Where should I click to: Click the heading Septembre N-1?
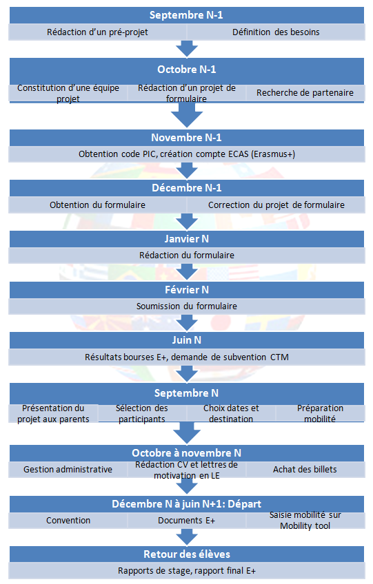click(x=186, y=15)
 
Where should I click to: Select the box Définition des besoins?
click(x=276, y=32)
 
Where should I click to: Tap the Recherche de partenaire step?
click(x=305, y=93)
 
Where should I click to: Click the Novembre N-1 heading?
click(x=186, y=138)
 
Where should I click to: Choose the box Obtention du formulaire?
click(x=98, y=205)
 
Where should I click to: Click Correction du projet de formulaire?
click(x=276, y=205)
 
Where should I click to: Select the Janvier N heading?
click(x=186, y=239)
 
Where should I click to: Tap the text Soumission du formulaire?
click(x=186, y=306)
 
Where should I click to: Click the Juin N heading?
click(x=186, y=340)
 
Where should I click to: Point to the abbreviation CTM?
click(x=279, y=357)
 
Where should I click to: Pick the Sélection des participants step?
click(x=142, y=413)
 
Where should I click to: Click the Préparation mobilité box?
click(x=320, y=413)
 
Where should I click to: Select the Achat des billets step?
click(x=305, y=469)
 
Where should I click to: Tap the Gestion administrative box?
click(x=68, y=469)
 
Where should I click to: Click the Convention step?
click(x=68, y=521)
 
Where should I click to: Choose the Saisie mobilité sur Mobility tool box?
click(x=305, y=521)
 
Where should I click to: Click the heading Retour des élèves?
click(x=186, y=554)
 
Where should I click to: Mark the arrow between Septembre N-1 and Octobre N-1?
click(x=186, y=49)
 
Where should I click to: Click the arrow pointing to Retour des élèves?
click(x=186, y=536)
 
